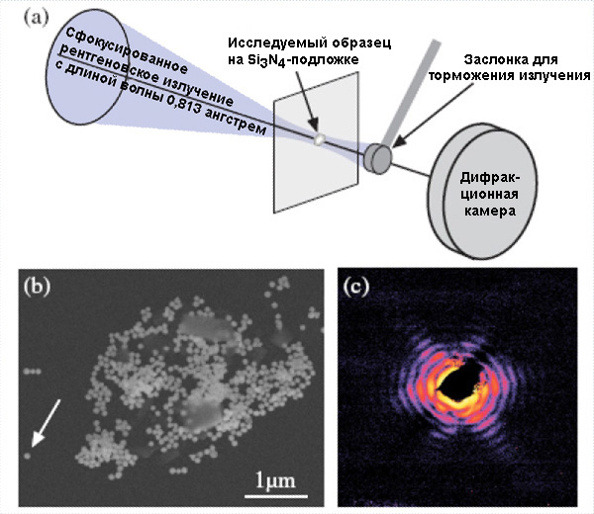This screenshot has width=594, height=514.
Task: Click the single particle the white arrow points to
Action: coord(28,457)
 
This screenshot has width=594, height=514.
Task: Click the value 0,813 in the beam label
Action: coord(200,114)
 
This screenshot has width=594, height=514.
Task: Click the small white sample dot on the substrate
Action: coord(319,139)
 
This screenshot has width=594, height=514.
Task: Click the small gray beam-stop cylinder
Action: coord(378,156)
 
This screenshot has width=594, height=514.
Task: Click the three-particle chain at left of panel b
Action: coord(33,373)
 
